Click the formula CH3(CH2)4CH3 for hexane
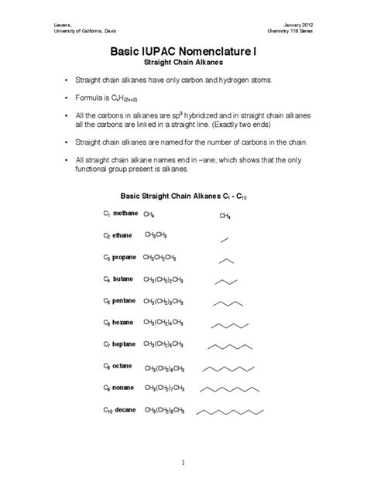(x=163, y=322)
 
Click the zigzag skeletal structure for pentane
(x=228, y=303)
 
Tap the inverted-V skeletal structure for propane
(x=225, y=260)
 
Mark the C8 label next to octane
(x=107, y=365)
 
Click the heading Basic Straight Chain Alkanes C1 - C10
(x=183, y=196)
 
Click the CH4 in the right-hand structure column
(x=225, y=217)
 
